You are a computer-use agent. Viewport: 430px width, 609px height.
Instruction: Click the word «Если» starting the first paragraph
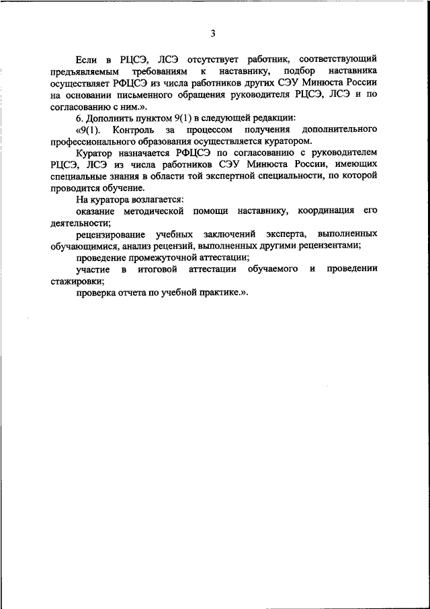(87, 59)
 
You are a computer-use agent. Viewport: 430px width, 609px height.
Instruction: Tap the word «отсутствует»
(215, 59)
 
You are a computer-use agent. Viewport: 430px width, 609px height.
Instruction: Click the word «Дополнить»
(110, 118)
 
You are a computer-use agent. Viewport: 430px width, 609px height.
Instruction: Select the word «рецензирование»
(114, 234)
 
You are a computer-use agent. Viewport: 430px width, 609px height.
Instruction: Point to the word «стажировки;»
(77, 281)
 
